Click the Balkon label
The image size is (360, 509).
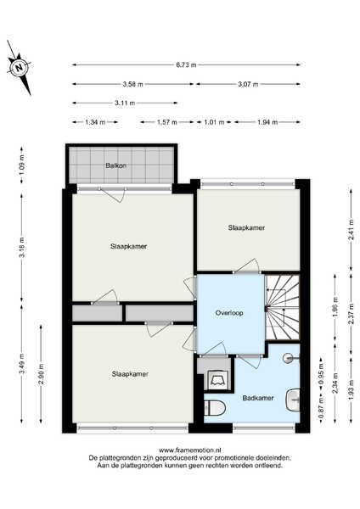(x=116, y=165)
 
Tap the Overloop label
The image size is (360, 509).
(x=229, y=313)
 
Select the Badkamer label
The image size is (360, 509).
(x=258, y=398)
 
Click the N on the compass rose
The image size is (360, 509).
(x=20, y=68)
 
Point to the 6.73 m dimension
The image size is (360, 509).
(x=187, y=65)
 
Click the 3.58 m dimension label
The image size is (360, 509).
(x=133, y=84)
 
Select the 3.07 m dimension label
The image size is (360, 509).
(x=248, y=84)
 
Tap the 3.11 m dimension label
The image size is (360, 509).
(x=125, y=103)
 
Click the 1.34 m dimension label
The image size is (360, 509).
(x=95, y=122)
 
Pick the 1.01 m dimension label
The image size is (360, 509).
(x=215, y=122)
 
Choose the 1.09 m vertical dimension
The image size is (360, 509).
(x=22, y=165)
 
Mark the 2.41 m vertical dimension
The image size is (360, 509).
(x=352, y=230)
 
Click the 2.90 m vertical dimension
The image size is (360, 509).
(x=41, y=374)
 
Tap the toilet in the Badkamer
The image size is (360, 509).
(x=215, y=408)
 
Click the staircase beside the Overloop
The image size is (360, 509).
(x=283, y=307)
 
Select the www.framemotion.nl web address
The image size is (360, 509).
(x=190, y=450)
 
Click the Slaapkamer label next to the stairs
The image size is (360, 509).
(x=246, y=227)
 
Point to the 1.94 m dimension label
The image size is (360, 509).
(x=267, y=122)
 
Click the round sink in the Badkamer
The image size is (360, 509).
(x=288, y=358)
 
